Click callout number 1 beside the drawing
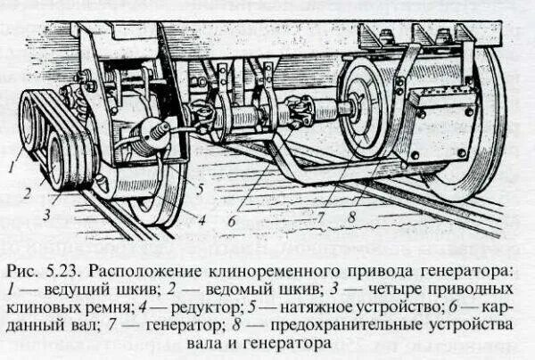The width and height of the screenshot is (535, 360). click(x=11, y=163)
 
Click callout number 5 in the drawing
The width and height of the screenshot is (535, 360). click(x=202, y=188)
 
